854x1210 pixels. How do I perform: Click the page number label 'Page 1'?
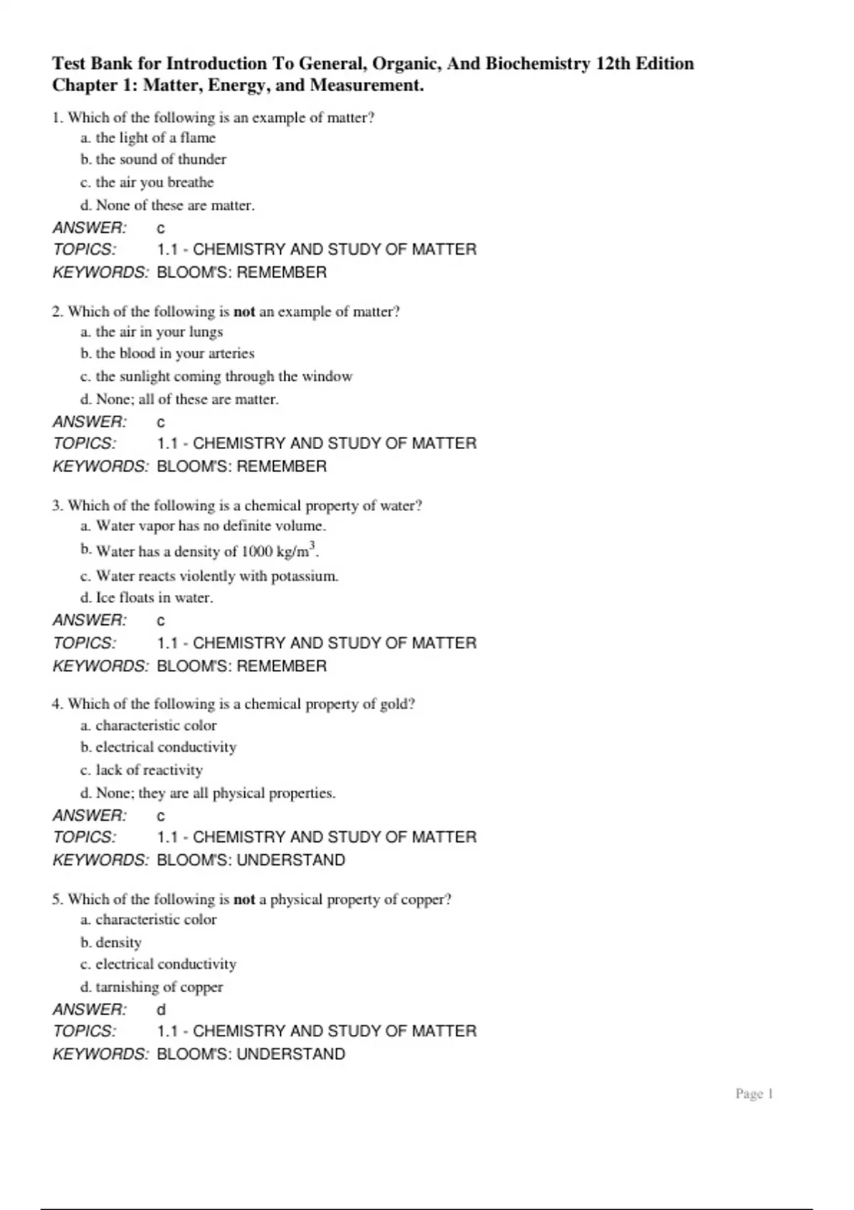click(x=754, y=1094)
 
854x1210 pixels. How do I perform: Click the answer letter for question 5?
click(x=162, y=1009)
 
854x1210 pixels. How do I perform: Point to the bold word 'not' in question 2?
click(x=244, y=312)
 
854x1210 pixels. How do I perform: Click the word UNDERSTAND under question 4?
click(x=290, y=860)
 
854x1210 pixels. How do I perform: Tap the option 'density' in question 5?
click(x=118, y=942)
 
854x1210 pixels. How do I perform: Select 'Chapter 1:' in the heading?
click(x=94, y=85)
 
